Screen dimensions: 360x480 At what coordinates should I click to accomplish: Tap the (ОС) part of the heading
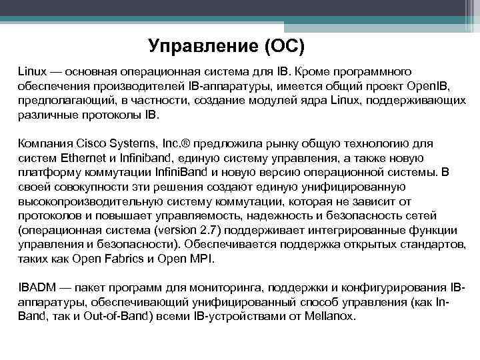pyautogui.click(x=284, y=46)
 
